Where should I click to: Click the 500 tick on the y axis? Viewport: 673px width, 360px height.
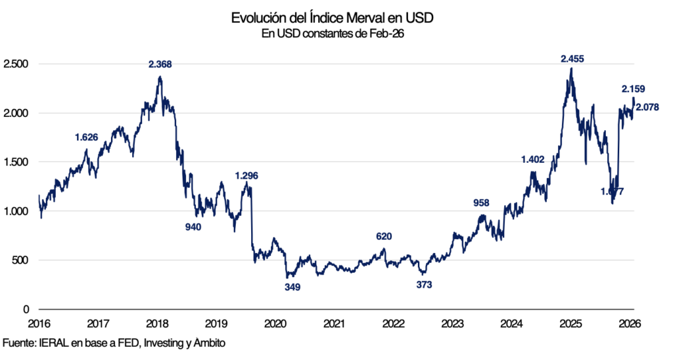pos(20,260)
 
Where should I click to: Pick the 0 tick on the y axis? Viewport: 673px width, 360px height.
pos(26,309)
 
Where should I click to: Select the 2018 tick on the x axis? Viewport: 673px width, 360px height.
pos(157,324)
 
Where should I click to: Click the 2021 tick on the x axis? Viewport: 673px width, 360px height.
pos(335,324)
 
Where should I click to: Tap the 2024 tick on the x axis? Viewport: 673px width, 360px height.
pos(512,324)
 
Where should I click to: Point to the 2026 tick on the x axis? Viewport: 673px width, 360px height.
pos(630,324)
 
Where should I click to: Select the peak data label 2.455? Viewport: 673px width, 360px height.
pos(572,59)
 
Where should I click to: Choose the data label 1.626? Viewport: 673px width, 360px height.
pos(87,137)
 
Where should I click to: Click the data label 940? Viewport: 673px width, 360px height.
pos(193,227)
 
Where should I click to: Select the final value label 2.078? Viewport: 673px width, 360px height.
pos(647,107)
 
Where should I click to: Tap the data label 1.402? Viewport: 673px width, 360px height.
pos(533,160)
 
